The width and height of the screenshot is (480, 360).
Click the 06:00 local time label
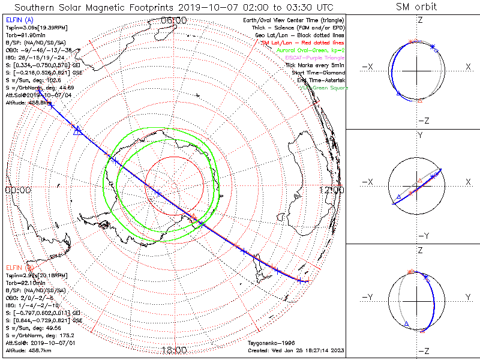(x=174, y=20)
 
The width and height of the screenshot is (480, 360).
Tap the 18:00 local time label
(x=174, y=350)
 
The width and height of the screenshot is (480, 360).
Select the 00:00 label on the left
(x=17, y=190)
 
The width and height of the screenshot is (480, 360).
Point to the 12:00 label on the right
(x=331, y=190)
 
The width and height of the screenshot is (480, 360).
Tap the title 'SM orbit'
(x=416, y=7)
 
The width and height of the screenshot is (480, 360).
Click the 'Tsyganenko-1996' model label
(x=270, y=343)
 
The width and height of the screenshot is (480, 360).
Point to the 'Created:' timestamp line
(x=296, y=350)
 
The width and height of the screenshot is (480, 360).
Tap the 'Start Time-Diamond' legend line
(x=322, y=72)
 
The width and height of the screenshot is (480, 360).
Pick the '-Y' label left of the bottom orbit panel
(x=368, y=297)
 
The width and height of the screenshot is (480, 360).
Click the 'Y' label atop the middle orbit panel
(x=420, y=136)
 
